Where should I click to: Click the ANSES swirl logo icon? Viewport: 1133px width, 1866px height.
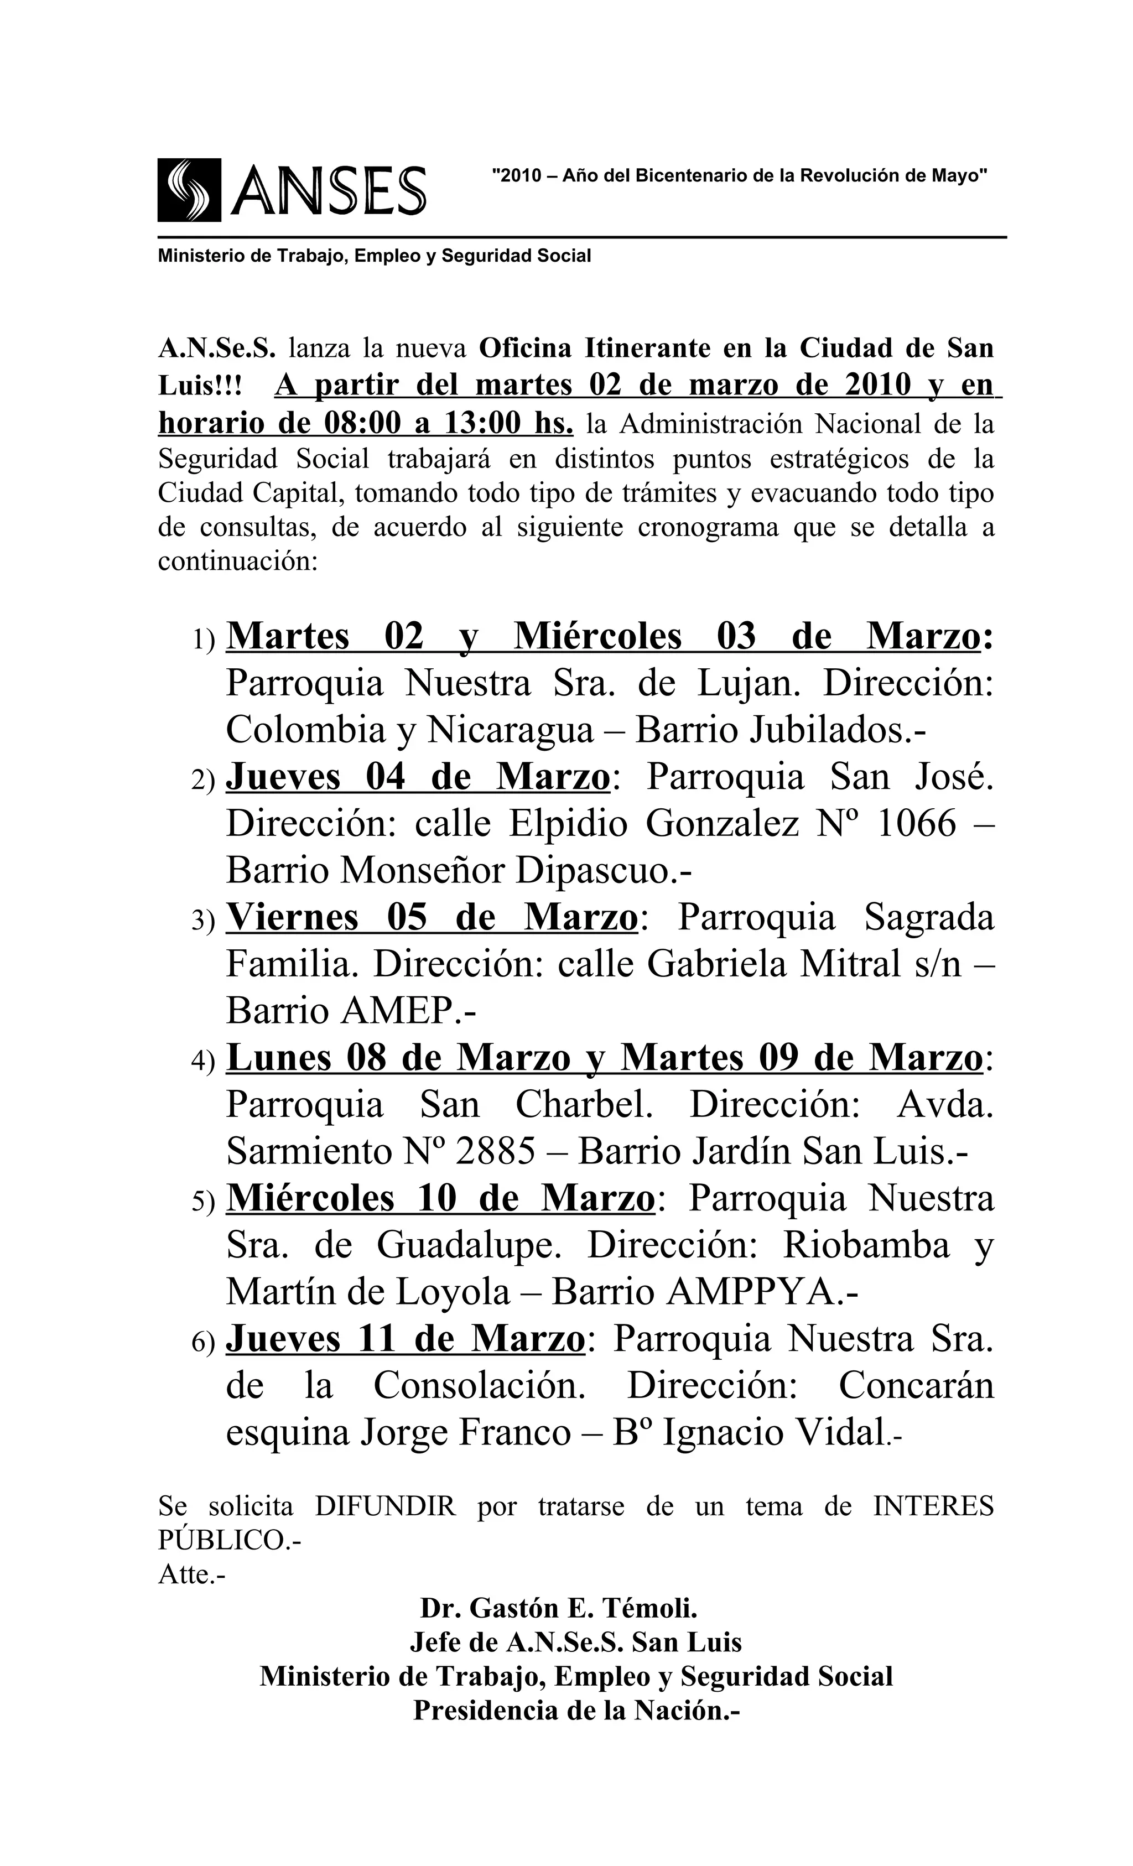189,190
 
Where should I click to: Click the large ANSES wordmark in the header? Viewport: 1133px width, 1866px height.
328,191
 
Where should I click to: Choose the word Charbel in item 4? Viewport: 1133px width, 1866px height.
583,1106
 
